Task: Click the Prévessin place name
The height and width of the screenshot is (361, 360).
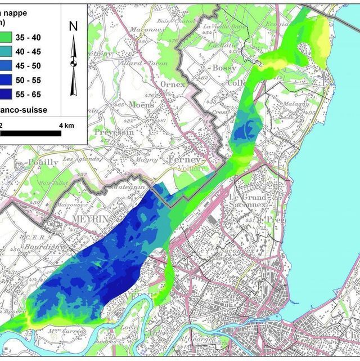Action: coord(109,132)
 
